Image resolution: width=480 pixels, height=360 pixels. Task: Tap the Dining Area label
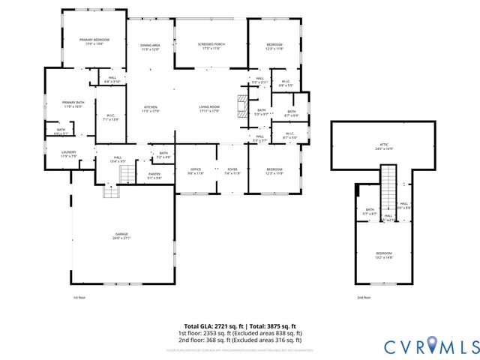150,48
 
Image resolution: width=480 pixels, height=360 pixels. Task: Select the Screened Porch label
211,46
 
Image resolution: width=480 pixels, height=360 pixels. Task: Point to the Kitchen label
151,109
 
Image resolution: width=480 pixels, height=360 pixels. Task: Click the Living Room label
208,109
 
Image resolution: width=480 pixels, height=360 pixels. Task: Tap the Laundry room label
68,153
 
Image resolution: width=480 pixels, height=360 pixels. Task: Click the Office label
195,171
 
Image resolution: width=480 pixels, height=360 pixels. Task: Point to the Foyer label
232,171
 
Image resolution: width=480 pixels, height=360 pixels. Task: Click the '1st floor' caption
79,298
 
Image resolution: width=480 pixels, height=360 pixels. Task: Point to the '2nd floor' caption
364,298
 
